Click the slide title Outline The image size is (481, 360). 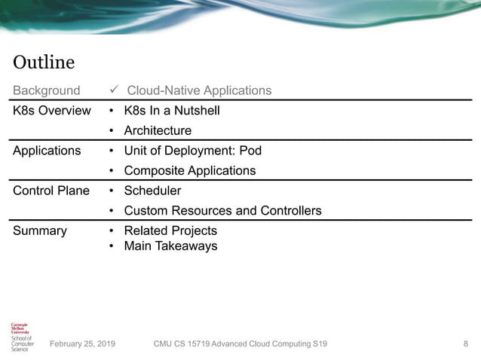click(x=44, y=62)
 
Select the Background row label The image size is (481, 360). click(x=46, y=90)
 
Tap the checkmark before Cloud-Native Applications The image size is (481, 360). click(x=114, y=90)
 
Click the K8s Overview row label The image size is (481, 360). click(x=52, y=111)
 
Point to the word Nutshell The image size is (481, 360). click(x=195, y=111)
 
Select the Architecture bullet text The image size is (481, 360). click(x=158, y=131)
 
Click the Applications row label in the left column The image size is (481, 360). click(x=47, y=151)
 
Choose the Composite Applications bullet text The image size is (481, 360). click(x=189, y=171)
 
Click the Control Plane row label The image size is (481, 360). click(x=51, y=191)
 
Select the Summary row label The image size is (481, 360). click(x=40, y=230)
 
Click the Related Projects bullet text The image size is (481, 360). click(x=170, y=230)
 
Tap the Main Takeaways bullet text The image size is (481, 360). click(x=170, y=246)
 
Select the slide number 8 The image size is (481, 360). click(x=465, y=344)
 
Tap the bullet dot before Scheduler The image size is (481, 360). click(x=112, y=191)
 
